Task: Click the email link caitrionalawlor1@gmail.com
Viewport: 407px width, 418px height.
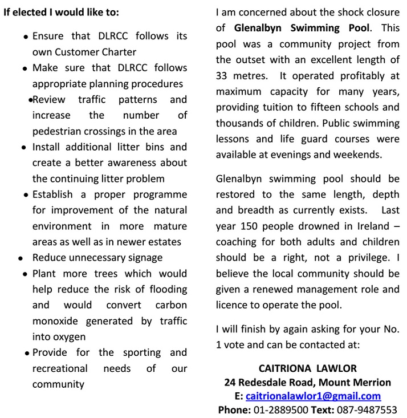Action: [x=313, y=396]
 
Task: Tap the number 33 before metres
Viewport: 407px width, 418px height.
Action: [x=222, y=75]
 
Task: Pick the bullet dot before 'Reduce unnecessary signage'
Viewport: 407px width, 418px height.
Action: [x=21, y=258]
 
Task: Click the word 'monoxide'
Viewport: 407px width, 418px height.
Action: [x=56, y=321]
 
